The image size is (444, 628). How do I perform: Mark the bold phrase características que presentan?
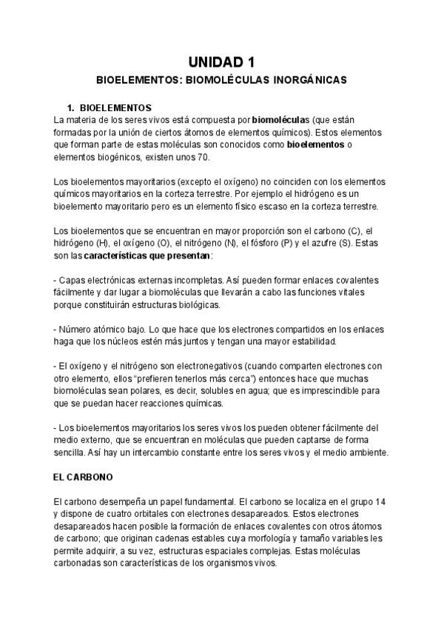click(147, 258)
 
